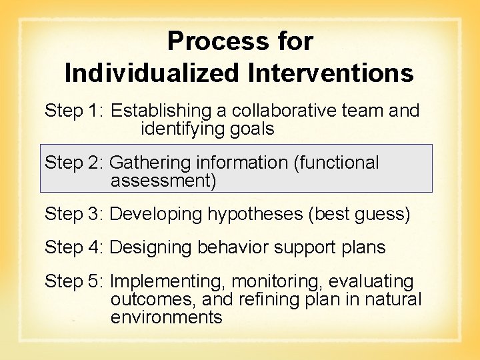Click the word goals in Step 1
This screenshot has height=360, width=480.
point(251,129)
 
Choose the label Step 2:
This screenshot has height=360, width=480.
point(74,163)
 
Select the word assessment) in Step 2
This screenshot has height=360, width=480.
point(163,180)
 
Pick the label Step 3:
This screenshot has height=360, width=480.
point(74,214)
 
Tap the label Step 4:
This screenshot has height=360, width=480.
point(74,247)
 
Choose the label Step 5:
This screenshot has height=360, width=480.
point(74,282)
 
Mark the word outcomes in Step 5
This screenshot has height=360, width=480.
point(141,299)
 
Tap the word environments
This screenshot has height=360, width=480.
point(166,317)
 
